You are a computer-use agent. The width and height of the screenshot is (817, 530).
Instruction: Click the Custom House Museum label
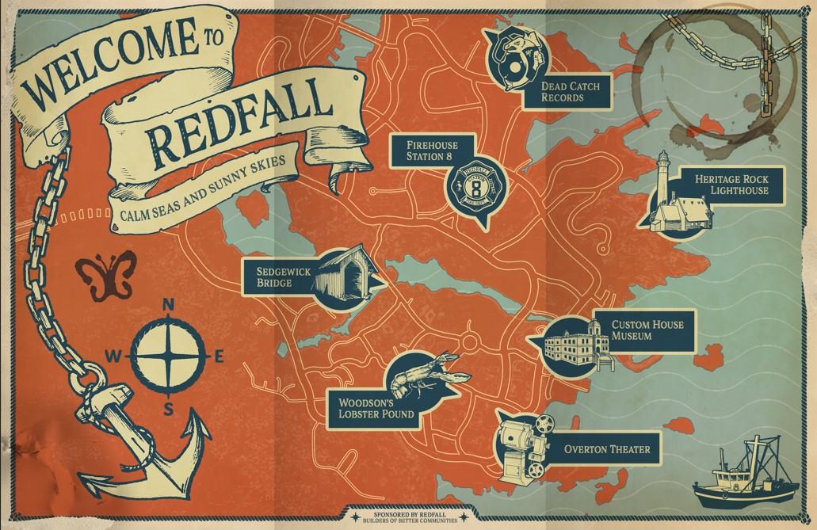click(647, 330)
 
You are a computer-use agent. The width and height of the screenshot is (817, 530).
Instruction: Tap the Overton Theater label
click(606, 449)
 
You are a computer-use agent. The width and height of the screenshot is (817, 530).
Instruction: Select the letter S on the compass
click(168, 409)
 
